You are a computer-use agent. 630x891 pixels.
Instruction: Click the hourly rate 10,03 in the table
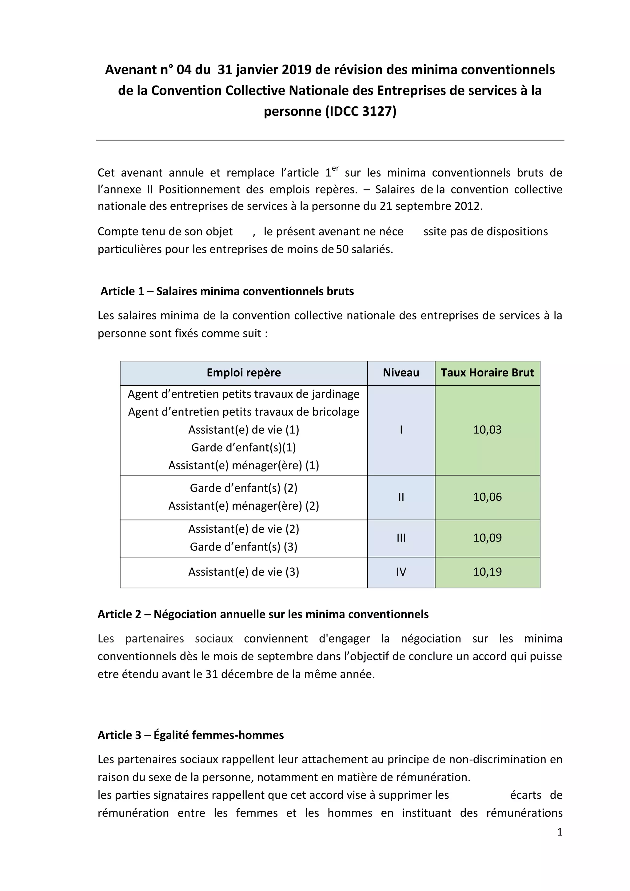pyautogui.click(x=487, y=430)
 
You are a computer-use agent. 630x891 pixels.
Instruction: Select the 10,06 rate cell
pyautogui.click(x=487, y=497)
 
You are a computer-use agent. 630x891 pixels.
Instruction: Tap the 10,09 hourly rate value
pyautogui.click(x=487, y=538)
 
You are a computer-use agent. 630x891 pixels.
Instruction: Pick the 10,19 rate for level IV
pyautogui.click(x=487, y=572)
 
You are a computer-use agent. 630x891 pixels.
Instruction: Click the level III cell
pyautogui.click(x=401, y=538)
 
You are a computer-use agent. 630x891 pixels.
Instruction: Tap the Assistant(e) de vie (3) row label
pyautogui.click(x=243, y=572)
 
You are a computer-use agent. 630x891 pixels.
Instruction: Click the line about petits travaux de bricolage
pyautogui.click(x=243, y=412)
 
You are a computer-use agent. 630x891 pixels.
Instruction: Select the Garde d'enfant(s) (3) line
pyautogui.click(x=243, y=547)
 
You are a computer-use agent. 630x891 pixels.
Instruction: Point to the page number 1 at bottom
pyautogui.click(x=559, y=832)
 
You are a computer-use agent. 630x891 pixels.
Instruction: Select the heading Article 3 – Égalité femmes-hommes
pyautogui.click(x=191, y=735)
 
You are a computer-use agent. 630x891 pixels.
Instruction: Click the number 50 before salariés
pyautogui.click(x=342, y=249)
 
